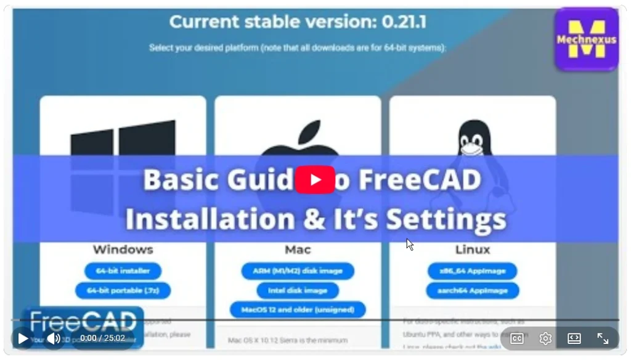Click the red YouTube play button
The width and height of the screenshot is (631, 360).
point(315,180)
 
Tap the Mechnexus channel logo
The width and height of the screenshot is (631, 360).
point(587,39)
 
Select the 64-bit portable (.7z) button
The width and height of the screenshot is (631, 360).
point(123,290)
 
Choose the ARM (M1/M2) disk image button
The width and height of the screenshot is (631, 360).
point(298,271)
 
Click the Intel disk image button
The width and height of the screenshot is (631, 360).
point(298,290)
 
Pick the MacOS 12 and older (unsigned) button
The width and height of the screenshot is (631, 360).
point(298,309)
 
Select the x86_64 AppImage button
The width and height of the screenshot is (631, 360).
point(473,271)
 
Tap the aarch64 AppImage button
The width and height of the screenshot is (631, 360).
point(473,290)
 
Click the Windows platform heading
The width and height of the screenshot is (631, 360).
point(123,250)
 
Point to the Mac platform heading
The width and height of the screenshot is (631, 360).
point(298,250)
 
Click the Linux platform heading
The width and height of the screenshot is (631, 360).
point(473,250)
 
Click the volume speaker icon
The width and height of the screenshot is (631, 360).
point(54,338)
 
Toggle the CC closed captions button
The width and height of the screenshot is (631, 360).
point(516,338)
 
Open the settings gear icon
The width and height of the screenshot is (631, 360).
point(545,338)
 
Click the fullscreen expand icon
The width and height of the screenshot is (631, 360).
point(603,338)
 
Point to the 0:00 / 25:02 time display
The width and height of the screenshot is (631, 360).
point(102,338)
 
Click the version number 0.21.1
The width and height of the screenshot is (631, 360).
point(404,23)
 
